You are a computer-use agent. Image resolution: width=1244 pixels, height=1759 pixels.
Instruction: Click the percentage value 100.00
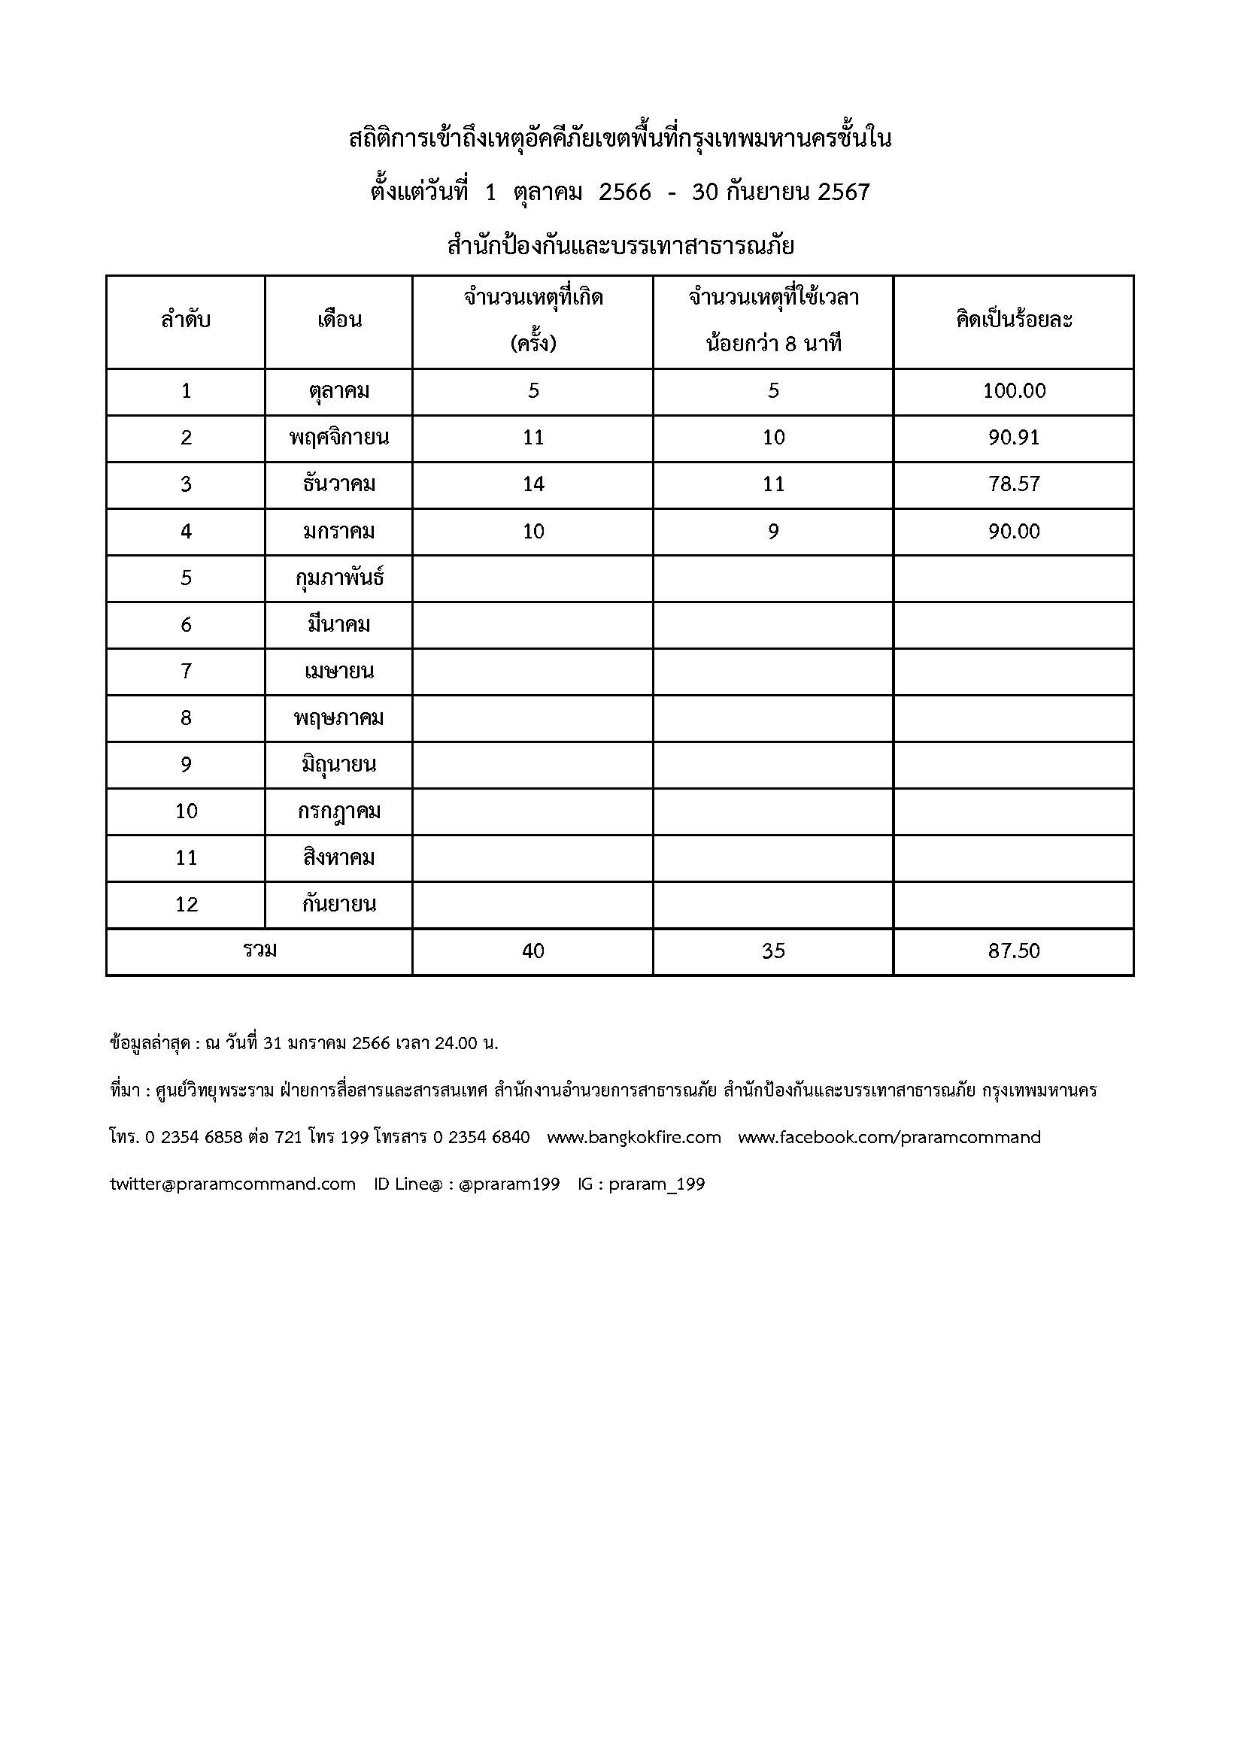coord(1013,392)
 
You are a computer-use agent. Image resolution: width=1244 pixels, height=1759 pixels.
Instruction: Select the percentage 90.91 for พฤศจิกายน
coord(1013,438)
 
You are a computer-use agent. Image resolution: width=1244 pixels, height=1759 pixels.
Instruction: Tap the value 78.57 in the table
coord(1013,485)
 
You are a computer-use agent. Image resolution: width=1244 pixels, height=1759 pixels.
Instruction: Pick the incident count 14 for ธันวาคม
coord(533,485)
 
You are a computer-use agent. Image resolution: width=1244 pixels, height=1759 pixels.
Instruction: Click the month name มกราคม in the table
coord(338,532)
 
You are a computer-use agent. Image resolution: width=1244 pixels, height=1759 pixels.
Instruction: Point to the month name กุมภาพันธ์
coord(338,578)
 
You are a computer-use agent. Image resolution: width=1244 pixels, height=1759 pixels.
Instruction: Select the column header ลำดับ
coord(185,320)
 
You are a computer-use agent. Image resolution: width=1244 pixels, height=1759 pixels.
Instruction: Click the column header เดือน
coord(338,320)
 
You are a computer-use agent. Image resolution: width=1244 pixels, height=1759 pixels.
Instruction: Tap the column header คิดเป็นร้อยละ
coord(1013,320)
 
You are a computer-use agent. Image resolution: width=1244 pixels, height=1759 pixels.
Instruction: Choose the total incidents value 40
coord(533,951)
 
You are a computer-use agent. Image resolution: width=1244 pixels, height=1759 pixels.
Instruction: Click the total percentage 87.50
coord(1013,951)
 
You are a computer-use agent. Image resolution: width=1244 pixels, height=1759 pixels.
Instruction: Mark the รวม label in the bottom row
coord(259,951)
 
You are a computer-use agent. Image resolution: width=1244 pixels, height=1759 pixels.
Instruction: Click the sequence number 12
coord(186,905)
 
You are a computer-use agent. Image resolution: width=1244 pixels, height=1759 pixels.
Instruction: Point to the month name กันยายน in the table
coord(338,905)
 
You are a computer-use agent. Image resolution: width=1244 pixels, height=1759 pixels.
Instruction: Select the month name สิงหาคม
coord(338,858)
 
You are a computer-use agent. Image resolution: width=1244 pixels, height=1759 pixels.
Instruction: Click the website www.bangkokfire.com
coord(633,1138)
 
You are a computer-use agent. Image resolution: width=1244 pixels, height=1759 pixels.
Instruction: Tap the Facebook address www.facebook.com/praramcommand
coord(888,1138)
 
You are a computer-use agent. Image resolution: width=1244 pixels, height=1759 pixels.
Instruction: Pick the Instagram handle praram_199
coord(657,1184)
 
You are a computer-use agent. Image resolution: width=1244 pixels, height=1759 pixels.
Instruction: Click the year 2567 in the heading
coord(843,193)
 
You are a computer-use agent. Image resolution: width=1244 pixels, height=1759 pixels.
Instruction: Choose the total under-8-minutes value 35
coord(773,951)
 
